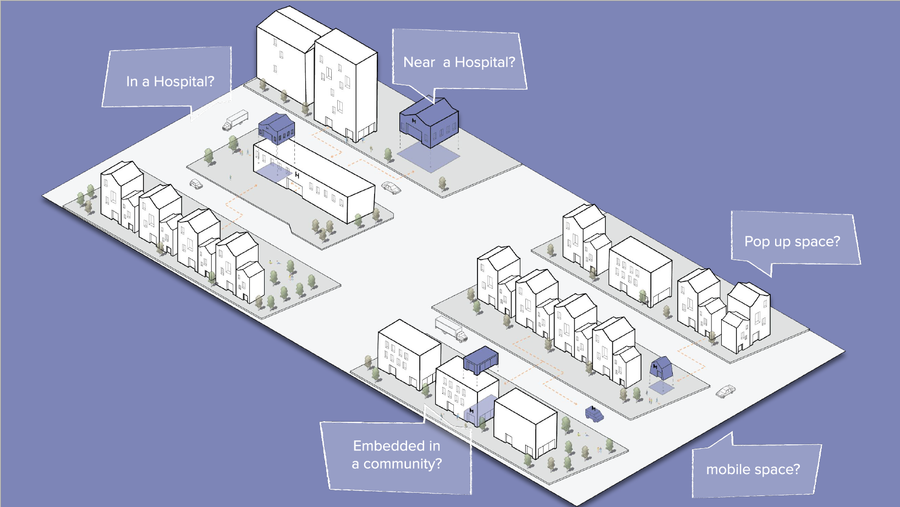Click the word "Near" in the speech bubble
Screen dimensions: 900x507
click(x=419, y=62)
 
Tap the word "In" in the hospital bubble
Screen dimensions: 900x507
click(x=132, y=81)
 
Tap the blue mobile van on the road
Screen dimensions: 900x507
click(x=594, y=414)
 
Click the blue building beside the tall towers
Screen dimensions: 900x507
click(x=429, y=122)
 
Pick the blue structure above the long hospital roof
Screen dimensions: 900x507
click(x=276, y=129)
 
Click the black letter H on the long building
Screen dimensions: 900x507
click(x=297, y=175)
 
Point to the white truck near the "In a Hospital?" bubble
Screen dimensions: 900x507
click(x=235, y=120)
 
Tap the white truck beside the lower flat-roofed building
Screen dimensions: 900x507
click(x=451, y=329)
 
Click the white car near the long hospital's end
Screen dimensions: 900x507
click(x=391, y=188)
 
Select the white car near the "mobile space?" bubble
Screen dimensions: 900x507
click(x=726, y=392)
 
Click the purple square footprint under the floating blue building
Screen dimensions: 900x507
click(x=429, y=158)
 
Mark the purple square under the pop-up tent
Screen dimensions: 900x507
click(x=661, y=388)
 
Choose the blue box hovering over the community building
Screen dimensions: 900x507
click(x=481, y=359)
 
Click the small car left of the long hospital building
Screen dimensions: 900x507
click(x=196, y=184)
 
